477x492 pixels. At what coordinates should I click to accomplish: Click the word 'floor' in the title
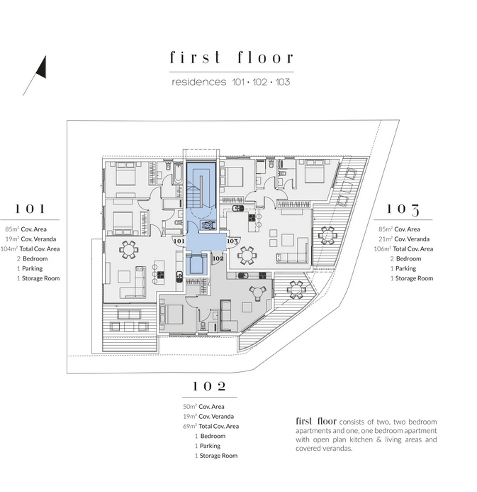[x=257, y=58]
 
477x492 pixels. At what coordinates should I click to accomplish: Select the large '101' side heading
[x=31, y=209]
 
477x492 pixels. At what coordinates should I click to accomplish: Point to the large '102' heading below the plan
[x=210, y=386]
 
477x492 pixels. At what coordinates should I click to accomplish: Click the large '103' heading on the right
[x=403, y=209]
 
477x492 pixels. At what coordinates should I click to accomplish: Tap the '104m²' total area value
[x=12, y=248]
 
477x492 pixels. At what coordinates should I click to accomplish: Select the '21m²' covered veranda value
[x=386, y=239]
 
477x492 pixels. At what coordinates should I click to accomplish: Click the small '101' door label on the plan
[x=179, y=241]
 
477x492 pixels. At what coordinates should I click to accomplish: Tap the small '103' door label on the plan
[x=232, y=241]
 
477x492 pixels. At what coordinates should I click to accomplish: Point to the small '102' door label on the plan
[x=218, y=258]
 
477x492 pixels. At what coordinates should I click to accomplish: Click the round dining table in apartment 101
[x=128, y=248]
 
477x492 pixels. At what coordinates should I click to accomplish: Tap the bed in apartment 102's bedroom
[x=172, y=312]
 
